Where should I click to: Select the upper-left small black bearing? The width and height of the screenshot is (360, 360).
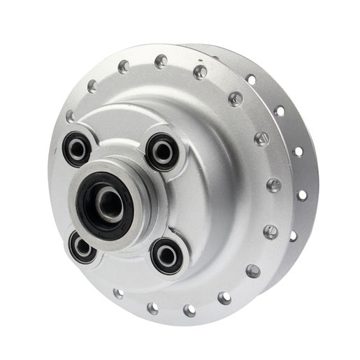pyautogui.click(x=76, y=147)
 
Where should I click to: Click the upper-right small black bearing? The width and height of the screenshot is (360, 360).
pyautogui.click(x=163, y=150)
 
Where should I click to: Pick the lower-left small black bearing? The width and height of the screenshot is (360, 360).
pyautogui.click(x=82, y=247)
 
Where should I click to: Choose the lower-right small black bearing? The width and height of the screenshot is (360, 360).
pyautogui.click(x=168, y=254)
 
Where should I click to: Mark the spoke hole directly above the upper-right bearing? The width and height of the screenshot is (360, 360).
pyautogui.click(x=161, y=62)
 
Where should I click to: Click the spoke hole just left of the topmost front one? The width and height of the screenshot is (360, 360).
pyautogui.click(x=124, y=66)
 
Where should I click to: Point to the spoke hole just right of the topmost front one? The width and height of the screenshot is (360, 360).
pyautogui.click(x=201, y=72)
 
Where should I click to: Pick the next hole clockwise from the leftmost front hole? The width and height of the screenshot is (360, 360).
pyautogui.click(x=92, y=87)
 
